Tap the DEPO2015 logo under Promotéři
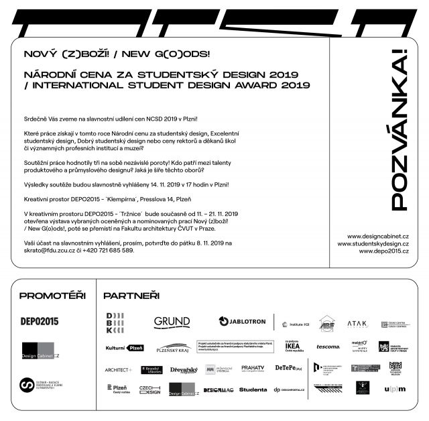click(40, 321)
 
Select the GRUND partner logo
click(172, 322)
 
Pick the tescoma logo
click(328, 347)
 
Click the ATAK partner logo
click(357, 324)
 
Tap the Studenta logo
click(252, 389)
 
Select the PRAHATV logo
click(253, 368)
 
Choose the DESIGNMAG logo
click(217, 389)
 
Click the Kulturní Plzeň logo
click(125, 347)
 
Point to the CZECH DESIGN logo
click(149, 389)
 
